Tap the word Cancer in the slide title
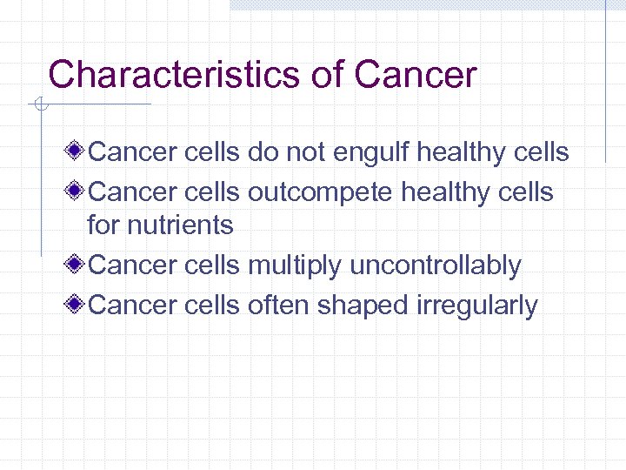tap(416, 75)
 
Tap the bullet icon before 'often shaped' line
tap(77, 305)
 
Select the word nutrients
tap(180, 225)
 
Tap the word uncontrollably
tap(435, 266)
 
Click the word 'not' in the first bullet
tap(305, 153)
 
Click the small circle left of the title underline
tap(38, 105)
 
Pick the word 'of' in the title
tap(328, 75)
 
